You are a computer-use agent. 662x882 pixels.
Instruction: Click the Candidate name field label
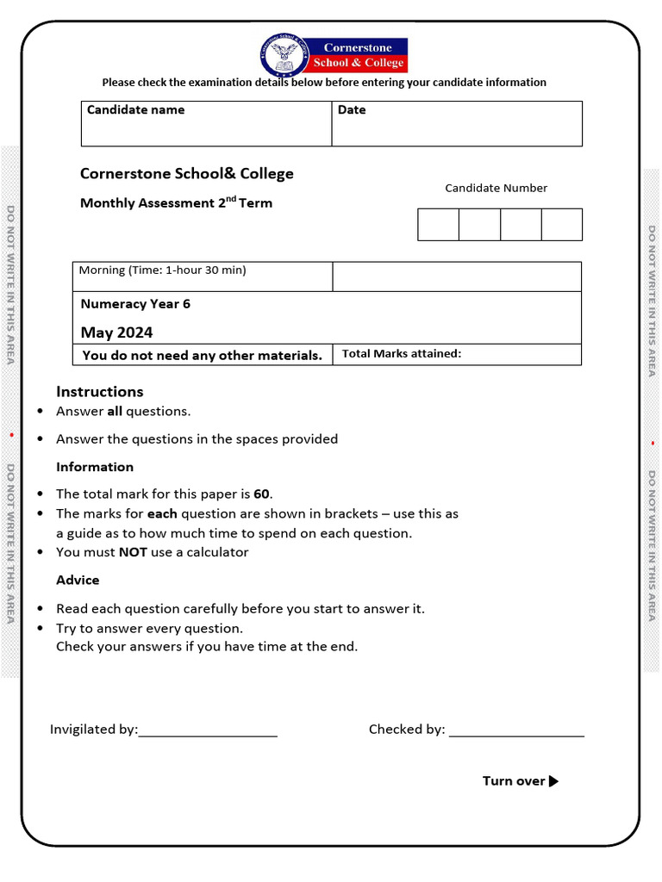(135, 109)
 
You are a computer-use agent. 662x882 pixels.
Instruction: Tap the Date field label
(352, 109)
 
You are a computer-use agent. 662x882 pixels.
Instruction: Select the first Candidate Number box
(438, 224)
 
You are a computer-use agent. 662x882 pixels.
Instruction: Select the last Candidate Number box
(562, 224)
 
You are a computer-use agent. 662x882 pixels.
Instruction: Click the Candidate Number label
(496, 188)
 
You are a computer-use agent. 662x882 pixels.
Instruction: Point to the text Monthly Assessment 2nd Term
(176, 203)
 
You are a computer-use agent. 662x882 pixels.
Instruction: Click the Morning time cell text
(162, 270)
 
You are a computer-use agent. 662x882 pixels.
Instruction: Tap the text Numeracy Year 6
(135, 304)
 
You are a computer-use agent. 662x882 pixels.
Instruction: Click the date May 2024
(116, 332)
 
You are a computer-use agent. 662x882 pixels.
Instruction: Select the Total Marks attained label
(402, 353)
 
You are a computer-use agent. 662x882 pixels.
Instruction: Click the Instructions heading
(99, 391)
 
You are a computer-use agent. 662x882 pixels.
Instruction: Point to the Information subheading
(95, 467)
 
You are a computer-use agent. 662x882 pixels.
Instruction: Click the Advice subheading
(78, 580)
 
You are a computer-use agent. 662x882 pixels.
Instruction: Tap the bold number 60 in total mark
(262, 494)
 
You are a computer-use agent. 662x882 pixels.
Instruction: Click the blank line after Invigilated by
(208, 734)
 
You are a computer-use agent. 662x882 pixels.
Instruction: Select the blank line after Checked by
(516, 734)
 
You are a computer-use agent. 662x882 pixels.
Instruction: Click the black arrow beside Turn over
(553, 781)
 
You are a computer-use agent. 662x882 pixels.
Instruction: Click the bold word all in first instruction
(115, 411)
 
